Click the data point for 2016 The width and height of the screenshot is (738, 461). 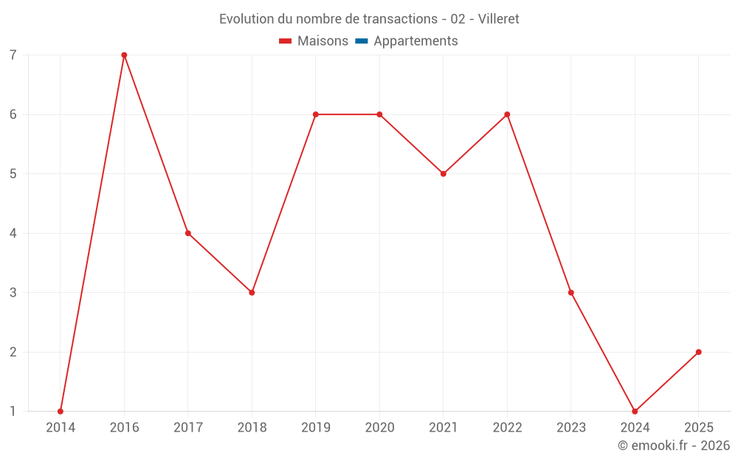coord(124,55)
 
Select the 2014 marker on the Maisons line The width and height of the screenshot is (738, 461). coord(61,411)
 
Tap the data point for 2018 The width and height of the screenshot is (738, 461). coord(252,293)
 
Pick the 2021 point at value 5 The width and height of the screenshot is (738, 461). coord(444,174)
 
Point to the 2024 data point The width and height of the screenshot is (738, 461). coord(635,411)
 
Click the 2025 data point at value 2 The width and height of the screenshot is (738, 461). coord(698,352)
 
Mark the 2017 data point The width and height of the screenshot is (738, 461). coord(188,233)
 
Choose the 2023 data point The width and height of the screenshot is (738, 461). coord(570,293)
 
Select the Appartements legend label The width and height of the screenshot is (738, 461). coord(415,41)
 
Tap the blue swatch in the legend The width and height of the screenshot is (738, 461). coord(361,41)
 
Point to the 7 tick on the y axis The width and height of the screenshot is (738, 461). coord(13,55)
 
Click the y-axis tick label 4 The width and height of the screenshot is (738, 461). coord(13,233)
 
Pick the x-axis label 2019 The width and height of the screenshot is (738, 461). coord(316,428)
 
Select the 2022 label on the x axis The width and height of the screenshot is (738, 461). coord(507,428)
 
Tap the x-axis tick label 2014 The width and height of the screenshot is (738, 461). coord(61,428)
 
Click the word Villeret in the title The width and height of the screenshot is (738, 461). coord(498,19)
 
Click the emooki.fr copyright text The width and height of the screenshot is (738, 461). coord(674,446)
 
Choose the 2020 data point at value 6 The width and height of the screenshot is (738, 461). coord(379,114)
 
